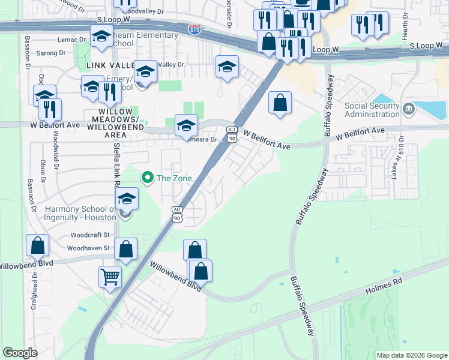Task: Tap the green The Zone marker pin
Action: pyautogui.click(x=146, y=178)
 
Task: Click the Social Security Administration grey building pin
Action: pyautogui.click(x=409, y=109)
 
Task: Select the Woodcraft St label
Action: pyautogui.click(x=89, y=235)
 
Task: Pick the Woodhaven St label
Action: pyautogui.click(x=89, y=248)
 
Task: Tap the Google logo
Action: pyautogui.click(x=20, y=352)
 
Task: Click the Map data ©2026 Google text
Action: pyautogui.click(x=412, y=355)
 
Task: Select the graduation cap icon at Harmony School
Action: pyautogui.click(x=127, y=199)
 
